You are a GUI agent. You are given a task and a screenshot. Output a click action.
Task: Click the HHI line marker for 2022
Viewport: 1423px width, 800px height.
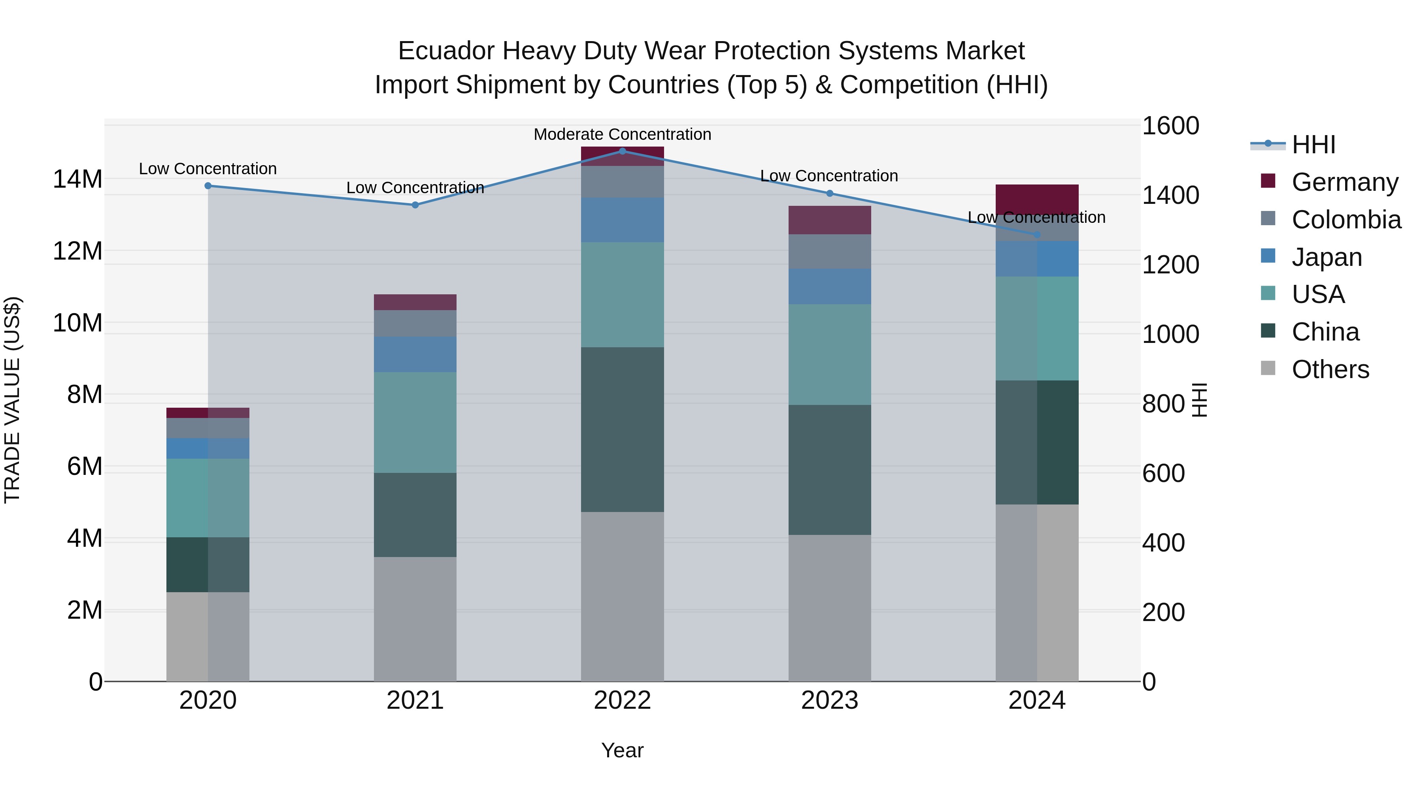[x=622, y=151]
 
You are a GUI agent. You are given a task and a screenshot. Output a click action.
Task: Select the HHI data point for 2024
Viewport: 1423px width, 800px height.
[x=1036, y=235]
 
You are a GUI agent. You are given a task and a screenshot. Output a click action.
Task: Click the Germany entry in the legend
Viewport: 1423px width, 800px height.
[x=1345, y=182]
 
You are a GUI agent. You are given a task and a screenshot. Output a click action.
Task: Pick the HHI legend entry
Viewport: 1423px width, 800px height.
[x=1314, y=145]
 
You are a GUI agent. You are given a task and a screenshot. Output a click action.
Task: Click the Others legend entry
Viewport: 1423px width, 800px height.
[x=1330, y=369]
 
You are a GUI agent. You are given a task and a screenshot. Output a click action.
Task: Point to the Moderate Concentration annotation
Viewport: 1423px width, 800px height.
[x=622, y=134]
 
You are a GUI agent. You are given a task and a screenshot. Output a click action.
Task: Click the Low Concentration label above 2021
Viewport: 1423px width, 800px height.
[x=415, y=188]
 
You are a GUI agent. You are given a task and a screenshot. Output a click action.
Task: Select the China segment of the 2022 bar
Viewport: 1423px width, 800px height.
[x=622, y=429]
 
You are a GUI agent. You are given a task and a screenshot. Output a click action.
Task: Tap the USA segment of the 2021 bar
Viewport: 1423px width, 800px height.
[x=415, y=422]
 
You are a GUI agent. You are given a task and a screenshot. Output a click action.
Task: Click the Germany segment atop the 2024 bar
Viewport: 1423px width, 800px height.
[x=1036, y=199]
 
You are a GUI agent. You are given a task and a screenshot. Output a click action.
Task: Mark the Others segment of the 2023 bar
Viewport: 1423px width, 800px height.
[x=829, y=607]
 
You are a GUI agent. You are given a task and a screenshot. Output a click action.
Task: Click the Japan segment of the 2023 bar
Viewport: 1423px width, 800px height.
[x=829, y=286]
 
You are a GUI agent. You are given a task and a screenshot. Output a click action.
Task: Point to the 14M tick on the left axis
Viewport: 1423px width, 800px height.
[x=77, y=179]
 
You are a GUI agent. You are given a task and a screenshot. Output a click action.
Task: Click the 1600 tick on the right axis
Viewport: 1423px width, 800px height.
[x=1170, y=126]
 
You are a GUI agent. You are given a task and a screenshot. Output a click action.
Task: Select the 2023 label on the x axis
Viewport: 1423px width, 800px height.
[x=829, y=700]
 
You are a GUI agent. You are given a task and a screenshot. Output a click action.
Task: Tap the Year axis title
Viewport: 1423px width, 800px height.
[x=622, y=750]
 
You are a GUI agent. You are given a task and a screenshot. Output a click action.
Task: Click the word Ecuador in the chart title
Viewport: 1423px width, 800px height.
[x=446, y=51]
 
